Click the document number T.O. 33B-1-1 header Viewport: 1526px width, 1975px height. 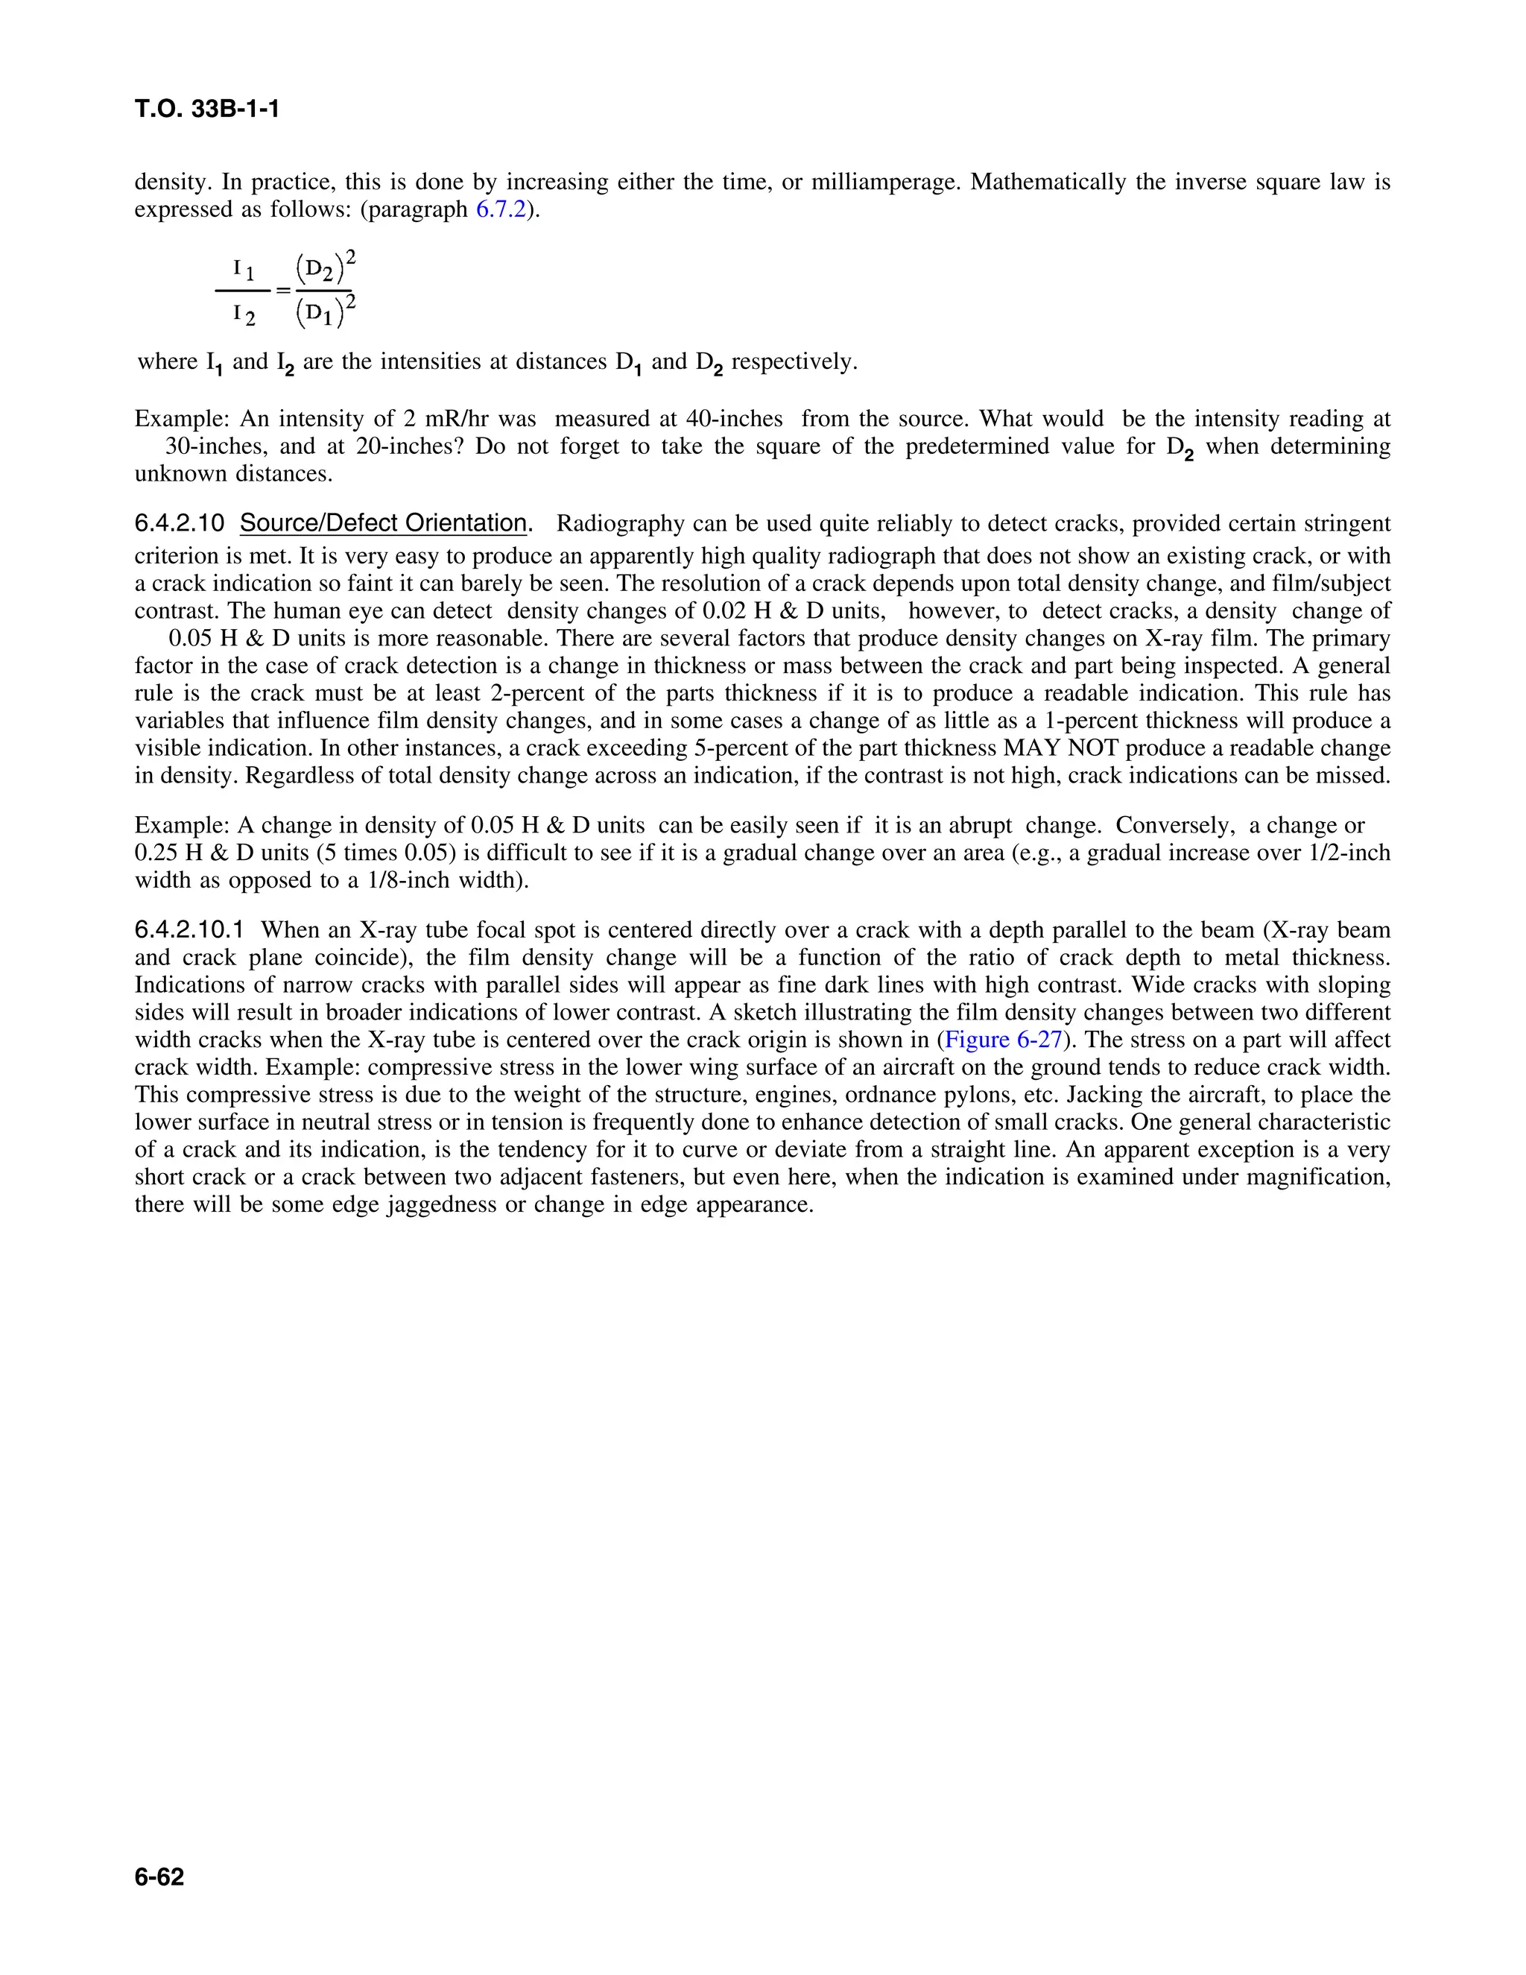click(207, 110)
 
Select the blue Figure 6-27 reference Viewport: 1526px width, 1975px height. click(1003, 1040)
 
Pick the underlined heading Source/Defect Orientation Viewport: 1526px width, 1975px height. click(383, 524)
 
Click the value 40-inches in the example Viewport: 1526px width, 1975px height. click(734, 419)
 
